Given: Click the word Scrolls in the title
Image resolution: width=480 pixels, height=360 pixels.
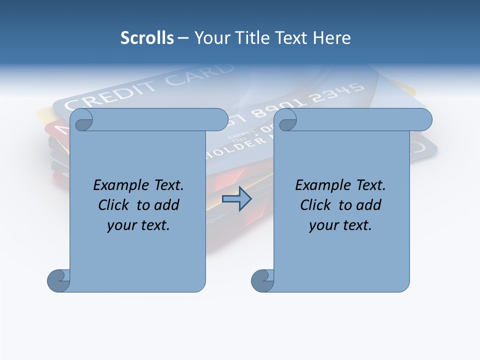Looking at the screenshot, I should click(147, 38).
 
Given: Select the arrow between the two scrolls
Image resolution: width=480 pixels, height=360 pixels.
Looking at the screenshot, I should click(236, 199).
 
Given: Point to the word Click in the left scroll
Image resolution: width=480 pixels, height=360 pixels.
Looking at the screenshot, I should click(114, 205).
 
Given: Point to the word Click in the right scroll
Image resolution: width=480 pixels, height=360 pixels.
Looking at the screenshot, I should click(315, 205).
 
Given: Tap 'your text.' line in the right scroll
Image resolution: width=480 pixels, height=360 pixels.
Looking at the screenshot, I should click(340, 225).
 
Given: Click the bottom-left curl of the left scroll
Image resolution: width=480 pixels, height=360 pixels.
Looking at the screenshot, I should click(58, 280).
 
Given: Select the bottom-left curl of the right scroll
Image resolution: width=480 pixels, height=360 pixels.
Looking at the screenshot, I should click(262, 280).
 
